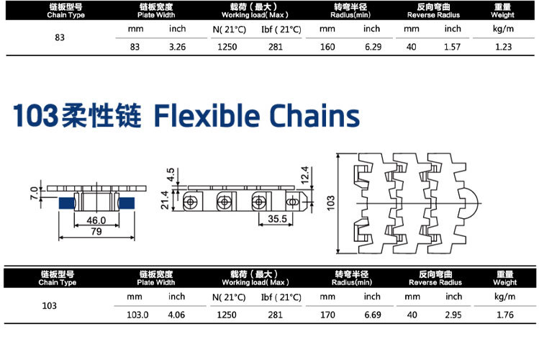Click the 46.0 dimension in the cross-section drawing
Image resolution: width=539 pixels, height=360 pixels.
tap(96, 220)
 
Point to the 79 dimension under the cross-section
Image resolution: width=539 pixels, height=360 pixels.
tap(96, 231)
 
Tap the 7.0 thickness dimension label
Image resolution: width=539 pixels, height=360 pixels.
tap(34, 193)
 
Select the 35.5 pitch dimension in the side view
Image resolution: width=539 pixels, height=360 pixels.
tap(277, 219)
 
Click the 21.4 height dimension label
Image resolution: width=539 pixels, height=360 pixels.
tap(165, 199)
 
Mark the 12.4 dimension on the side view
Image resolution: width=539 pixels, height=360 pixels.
tap(304, 175)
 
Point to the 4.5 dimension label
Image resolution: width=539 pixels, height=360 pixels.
tap(171, 175)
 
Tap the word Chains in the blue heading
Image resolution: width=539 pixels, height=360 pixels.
tap(314, 115)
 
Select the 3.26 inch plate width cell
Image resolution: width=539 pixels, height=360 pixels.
tap(177, 47)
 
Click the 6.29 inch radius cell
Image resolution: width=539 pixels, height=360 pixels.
tap(373, 47)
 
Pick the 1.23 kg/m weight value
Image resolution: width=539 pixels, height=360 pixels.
tap(503, 47)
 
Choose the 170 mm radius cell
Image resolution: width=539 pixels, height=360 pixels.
tap(327, 315)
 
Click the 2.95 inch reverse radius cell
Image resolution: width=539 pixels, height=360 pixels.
tap(453, 315)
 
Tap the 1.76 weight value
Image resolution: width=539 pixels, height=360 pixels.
tap(505, 315)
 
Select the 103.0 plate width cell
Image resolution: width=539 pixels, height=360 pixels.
tap(137, 315)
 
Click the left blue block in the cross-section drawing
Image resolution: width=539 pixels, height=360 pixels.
tap(67, 203)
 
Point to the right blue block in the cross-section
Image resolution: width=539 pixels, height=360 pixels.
tap(126, 203)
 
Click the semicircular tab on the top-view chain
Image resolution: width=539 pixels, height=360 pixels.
tap(470, 203)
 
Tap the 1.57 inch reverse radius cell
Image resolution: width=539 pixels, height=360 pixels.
tap(452, 47)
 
